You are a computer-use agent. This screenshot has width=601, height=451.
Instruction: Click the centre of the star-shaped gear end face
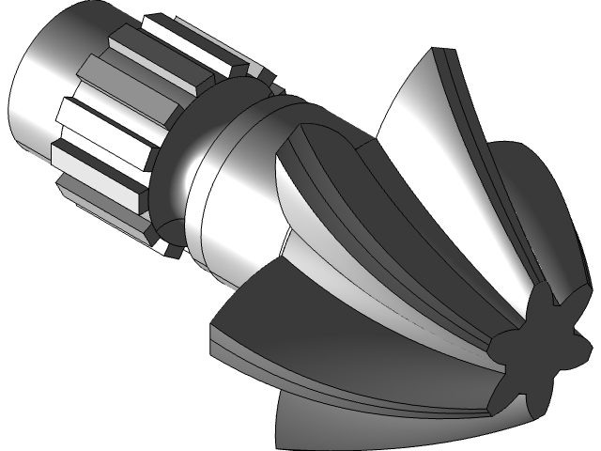pyautogui.click(x=543, y=340)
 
